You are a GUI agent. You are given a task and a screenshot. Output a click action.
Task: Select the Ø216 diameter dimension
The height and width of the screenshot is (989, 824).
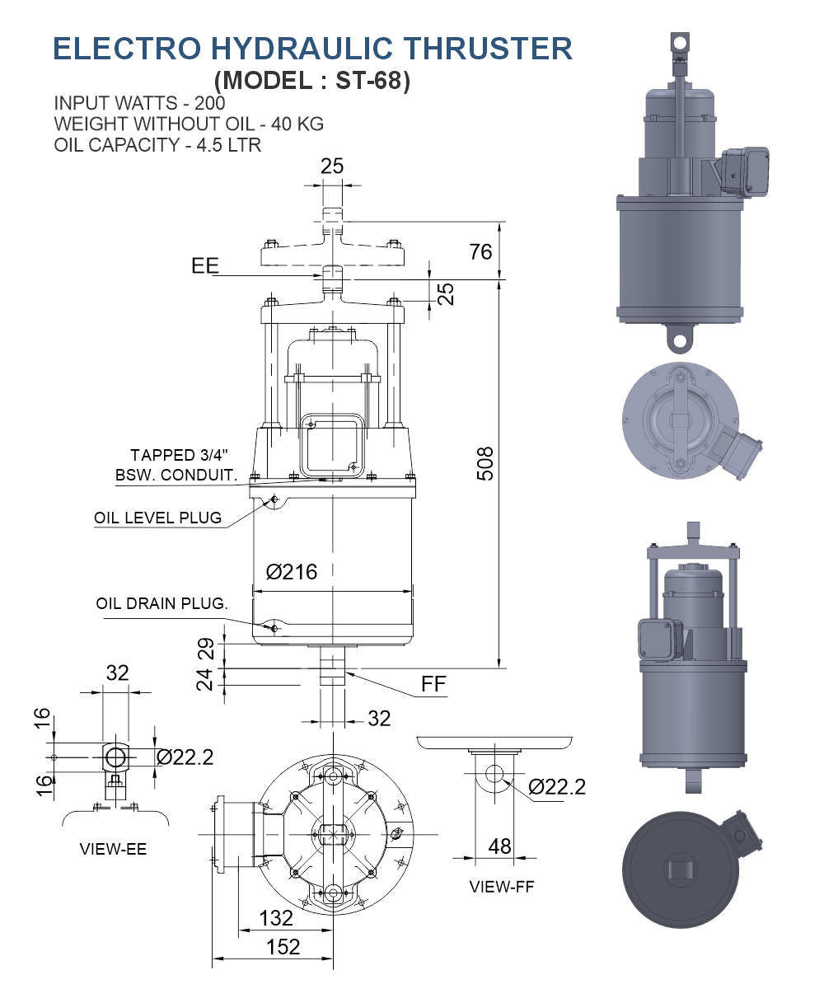[x=292, y=571]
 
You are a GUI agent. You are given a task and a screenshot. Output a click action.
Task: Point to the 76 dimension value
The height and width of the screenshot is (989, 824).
[x=480, y=251]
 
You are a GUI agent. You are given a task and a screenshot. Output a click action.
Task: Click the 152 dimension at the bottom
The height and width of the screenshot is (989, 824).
[x=283, y=947]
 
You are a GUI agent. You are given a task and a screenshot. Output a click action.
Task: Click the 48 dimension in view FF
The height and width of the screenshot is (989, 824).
[x=499, y=846]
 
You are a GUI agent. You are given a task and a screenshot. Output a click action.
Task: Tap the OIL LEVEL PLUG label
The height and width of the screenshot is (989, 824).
[x=157, y=518]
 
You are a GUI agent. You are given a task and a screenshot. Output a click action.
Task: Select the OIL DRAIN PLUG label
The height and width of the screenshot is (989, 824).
[x=162, y=603]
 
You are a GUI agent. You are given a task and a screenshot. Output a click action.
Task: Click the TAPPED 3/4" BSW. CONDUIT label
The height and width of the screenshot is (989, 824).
[x=176, y=466]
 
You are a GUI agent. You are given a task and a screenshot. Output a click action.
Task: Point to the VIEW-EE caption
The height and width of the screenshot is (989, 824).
[x=113, y=849]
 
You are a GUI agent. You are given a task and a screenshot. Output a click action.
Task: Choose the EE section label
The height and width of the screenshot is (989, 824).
[x=205, y=265]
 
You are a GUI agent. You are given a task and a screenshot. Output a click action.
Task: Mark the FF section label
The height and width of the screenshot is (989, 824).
[x=434, y=683]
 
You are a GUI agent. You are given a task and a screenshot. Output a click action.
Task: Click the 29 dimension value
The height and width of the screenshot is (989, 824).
[x=205, y=649]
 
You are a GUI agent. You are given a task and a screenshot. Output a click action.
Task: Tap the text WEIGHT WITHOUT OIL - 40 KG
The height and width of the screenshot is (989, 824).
[x=189, y=124]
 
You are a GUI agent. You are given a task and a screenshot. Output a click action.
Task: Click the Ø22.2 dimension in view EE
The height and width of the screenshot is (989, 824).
[x=185, y=756]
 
